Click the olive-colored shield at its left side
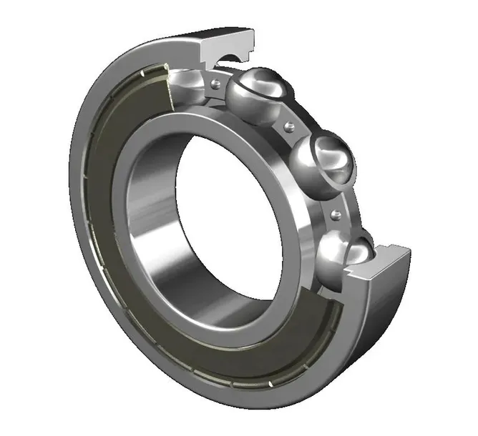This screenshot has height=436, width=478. (107, 214)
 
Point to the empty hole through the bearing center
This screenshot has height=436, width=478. (215, 214)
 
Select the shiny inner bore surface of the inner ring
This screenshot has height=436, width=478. (154, 214)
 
